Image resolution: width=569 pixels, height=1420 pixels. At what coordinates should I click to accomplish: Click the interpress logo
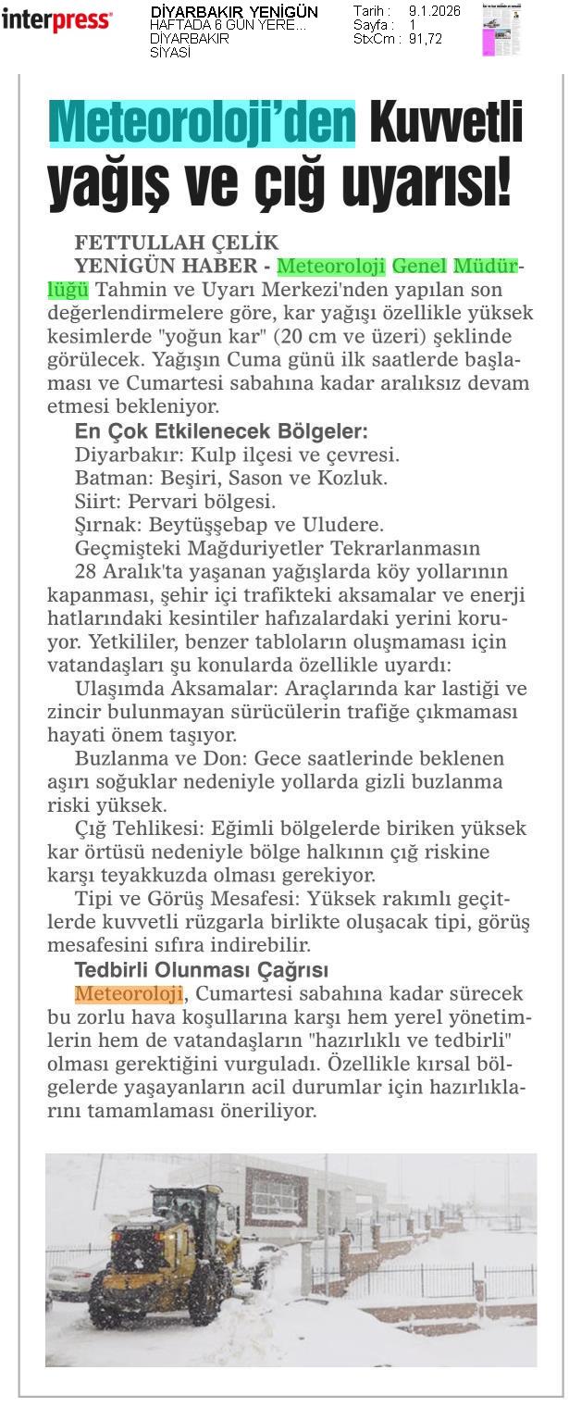[x=56, y=20]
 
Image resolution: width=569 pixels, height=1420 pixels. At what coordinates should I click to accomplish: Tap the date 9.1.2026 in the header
[x=434, y=11]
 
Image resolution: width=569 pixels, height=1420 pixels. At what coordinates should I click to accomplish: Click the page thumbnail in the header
[x=501, y=30]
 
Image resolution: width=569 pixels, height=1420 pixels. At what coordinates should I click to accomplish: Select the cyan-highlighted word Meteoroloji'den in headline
[x=202, y=121]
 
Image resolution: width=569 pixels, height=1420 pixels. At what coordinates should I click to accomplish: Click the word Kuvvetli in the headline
[x=446, y=121]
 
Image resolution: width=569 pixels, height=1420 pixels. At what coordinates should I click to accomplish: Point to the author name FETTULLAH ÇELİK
[x=176, y=243]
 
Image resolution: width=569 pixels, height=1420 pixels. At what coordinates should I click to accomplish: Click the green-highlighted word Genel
[x=419, y=267]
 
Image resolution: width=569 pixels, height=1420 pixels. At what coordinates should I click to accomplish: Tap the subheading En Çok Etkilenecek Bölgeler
[x=221, y=431]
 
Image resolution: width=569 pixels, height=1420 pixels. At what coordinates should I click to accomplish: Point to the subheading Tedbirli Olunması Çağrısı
[x=202, y=970]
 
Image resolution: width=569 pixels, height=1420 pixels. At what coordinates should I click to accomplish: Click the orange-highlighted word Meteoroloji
[x=129, y=994]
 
